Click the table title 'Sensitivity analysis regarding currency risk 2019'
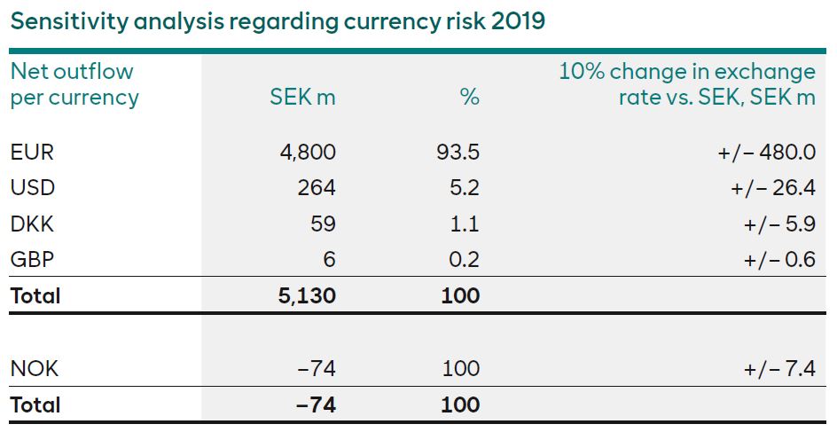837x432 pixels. click(x=278, y=20)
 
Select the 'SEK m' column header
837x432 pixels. click(x=302, y=98)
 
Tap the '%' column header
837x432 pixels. click(x=469, y=98)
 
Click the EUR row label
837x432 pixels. click(x=32, y=153)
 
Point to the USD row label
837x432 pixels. click(x=32, y=188)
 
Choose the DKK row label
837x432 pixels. click(x=32, y=224)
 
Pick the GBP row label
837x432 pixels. click(x=32, y=260)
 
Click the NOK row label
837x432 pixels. click(x=33, y=368)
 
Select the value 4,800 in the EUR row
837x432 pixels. click(x=308, y=153)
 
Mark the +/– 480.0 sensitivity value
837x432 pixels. click(x=766, y=153)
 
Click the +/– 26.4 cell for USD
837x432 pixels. click(x=771, y=188)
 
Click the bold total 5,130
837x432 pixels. click(x=307, y=295)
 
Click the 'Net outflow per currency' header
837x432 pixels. click(x=74, y=84)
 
